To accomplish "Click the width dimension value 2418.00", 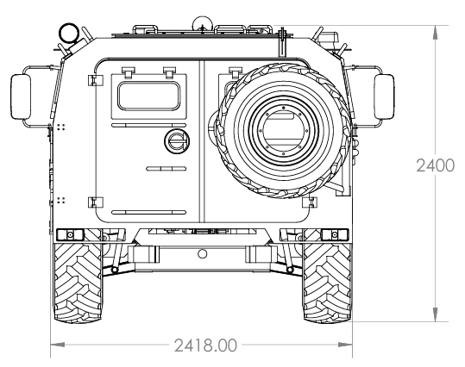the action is tap(205, 345).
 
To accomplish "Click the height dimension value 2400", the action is tap(435, 165).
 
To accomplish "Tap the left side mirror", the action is tap(21, 96).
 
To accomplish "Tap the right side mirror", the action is tap(384, 96).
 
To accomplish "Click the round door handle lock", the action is tap(177, 141).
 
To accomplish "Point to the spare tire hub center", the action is tap(284, 131).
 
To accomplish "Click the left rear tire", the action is tap(78, 283).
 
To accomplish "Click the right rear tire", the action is tap(328, 283).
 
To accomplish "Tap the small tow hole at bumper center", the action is tap(202, 254).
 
